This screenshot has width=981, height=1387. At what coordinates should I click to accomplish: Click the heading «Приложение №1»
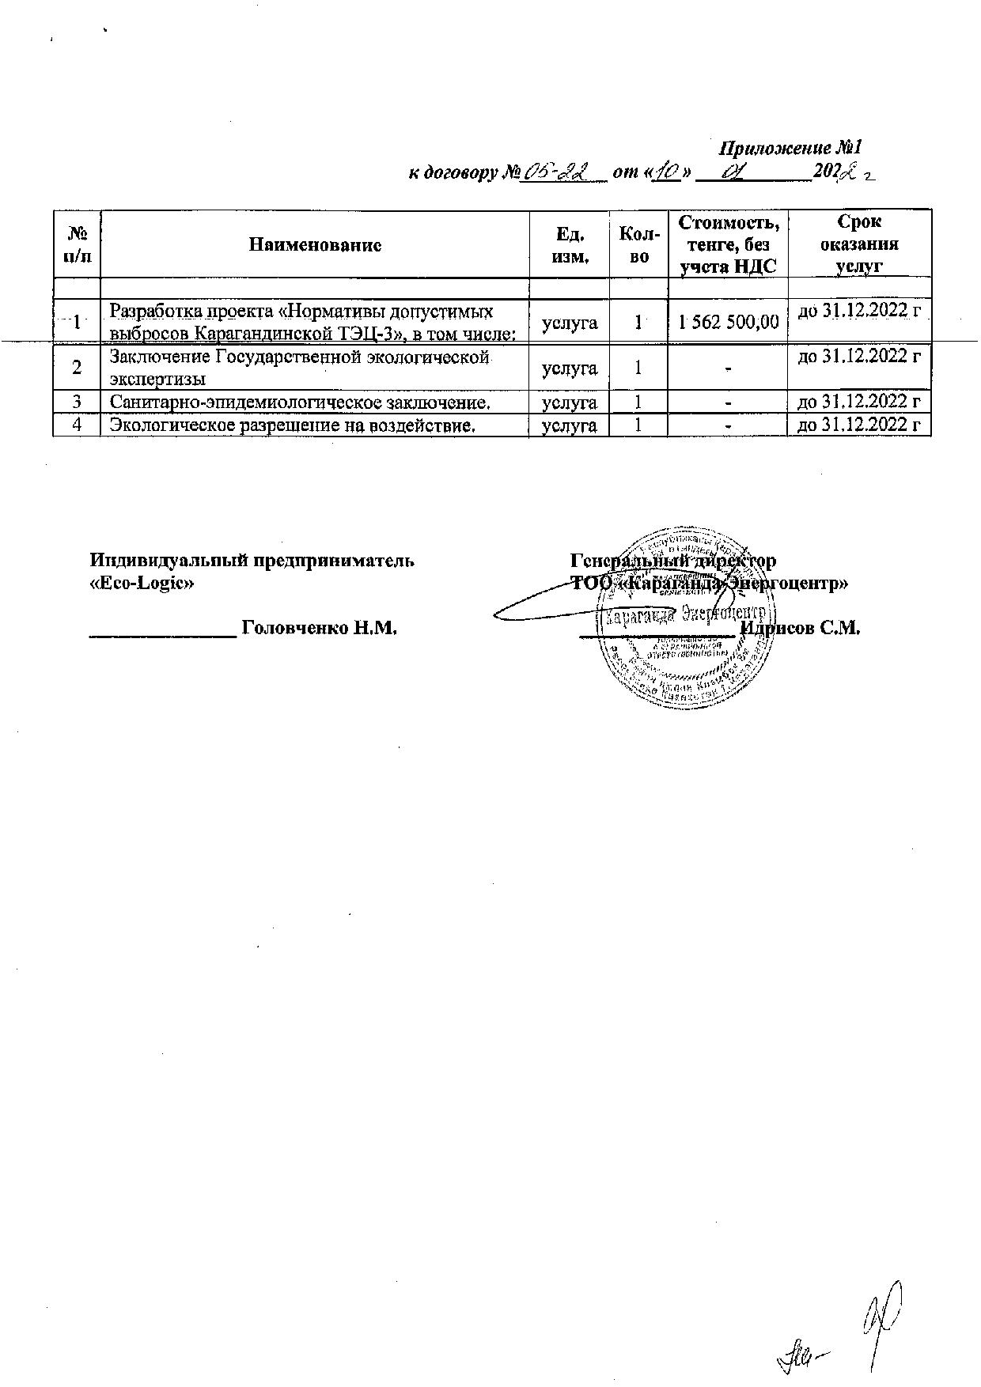[789, 149]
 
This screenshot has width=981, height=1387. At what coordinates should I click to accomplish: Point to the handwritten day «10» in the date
[667, 173]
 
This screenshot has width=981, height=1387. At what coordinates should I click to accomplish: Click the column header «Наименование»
[315, 244]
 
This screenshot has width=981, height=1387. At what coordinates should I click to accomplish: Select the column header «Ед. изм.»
[570, 244]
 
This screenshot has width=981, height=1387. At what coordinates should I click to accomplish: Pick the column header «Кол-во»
[638, 244]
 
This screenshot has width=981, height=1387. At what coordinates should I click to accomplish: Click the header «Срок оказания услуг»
[858, 244]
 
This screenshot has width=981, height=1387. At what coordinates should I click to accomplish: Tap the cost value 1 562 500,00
[728, 321]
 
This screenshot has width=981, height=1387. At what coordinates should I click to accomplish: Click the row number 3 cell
[77, 402]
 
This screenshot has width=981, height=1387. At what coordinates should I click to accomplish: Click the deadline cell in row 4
[858, 425]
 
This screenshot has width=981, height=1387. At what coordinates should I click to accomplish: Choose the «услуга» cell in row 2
[570, 368]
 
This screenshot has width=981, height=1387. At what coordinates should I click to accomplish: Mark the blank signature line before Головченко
[163, 633]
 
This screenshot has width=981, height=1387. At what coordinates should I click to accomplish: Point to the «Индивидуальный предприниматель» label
[252, 561]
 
